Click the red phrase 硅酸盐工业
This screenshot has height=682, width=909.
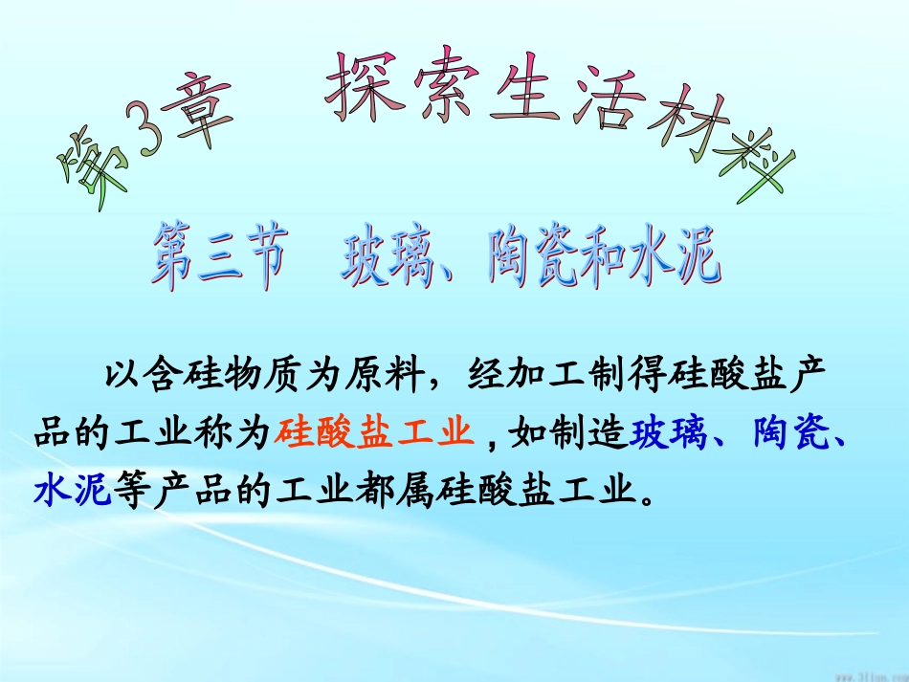[374, 433]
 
